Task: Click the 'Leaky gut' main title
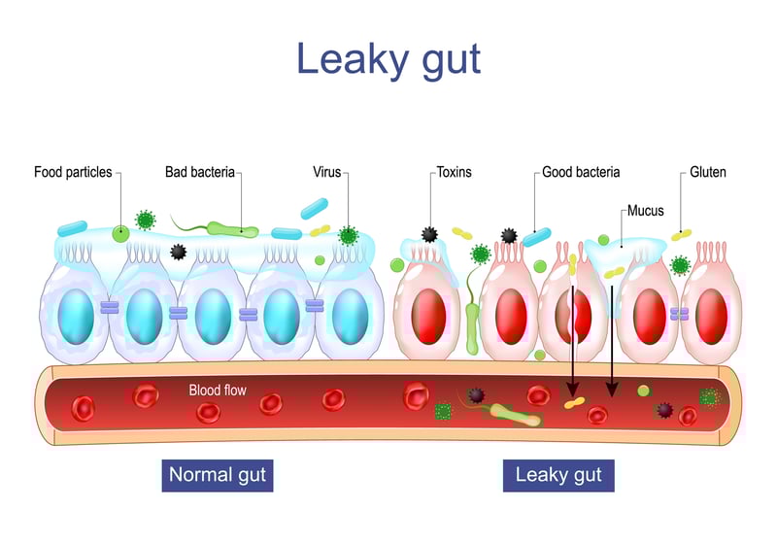(x=388, y=59)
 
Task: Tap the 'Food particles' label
(x=73, y=172)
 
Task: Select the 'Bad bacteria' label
(x=200, y=172)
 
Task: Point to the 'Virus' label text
(x=327, y=172)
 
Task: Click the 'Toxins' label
(x=454, y=172)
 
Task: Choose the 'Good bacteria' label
(x=581, y=172)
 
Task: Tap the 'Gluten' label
(x=708, y=172)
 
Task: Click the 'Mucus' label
(x=645, y=211)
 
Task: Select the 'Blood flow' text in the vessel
(x=218, y=390)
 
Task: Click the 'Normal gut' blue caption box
(x=218, y=476)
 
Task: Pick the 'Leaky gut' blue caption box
(x=558, y=476)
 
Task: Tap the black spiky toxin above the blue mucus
(x=179, y=252)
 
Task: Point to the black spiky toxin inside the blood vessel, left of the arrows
(x=476, y=394)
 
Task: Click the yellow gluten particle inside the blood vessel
(x=574, y=403)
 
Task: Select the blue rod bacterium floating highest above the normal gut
(x=314, y=209)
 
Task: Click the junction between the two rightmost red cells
(x=679, y=314)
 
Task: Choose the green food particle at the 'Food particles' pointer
(x=120, y=233)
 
